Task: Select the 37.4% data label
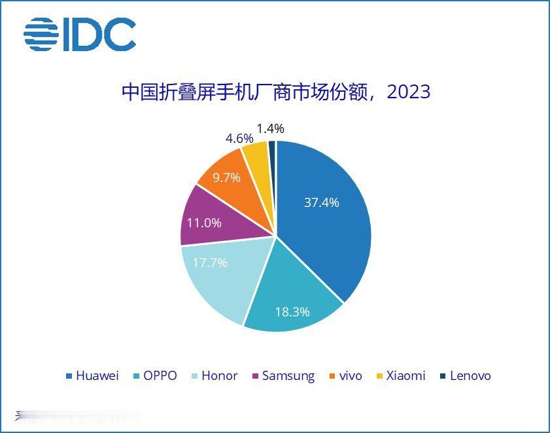click(321, 202)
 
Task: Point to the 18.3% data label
click(292, 312)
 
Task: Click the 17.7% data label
click(209, 263)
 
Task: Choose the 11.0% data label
click(204, 223)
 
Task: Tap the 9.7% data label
click(226, 178)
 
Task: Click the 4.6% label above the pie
click(239, 138)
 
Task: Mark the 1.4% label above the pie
click(270, 128)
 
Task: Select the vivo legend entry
click(344, 376)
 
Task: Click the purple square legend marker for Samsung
click(254, 377)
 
